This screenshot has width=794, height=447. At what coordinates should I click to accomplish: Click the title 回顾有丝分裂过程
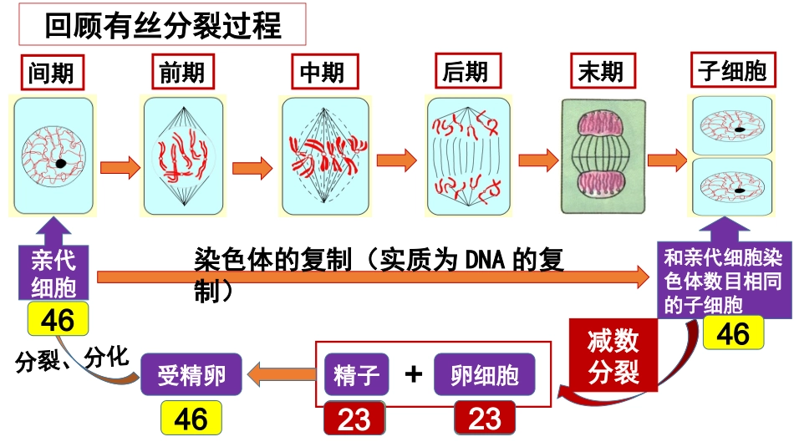(x=163, y=26)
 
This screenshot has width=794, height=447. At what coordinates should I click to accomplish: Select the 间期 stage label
(x=51, y=74)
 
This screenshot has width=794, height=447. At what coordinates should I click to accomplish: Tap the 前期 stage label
(x=181, y=74)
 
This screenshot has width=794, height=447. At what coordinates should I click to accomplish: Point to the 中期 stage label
(x=322, y=74)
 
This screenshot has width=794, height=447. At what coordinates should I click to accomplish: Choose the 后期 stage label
(x=466, y=73)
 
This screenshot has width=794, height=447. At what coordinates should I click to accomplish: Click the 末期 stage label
(x=600, y=73)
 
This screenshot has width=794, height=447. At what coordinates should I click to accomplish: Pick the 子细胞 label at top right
(x=732, y=72)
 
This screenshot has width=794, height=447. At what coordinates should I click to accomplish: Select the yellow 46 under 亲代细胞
(x=57, y=318)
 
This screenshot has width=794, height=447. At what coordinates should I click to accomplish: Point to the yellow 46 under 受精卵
(x=191, y=418)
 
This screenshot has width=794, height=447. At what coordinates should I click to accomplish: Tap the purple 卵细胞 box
(x=484, y=375)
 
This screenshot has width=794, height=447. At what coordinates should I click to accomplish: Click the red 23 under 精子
(x=354, y=419)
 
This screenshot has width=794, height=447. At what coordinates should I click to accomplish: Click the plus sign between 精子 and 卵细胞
(x=413, y=374)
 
